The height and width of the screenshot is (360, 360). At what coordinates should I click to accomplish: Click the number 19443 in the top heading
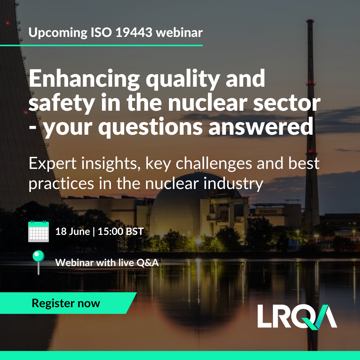coord(134,32)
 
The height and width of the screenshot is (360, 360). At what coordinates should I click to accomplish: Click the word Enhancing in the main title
coord(84,80)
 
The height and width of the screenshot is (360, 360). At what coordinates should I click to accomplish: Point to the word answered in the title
coord(261,127)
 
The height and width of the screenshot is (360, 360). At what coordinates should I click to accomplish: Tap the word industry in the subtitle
coord(233,184)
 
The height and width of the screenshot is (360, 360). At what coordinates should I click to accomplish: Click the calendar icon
coord(38,231)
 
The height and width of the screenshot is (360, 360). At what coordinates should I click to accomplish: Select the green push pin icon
coord(38,262)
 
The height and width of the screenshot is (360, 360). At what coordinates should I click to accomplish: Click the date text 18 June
coord(73,232)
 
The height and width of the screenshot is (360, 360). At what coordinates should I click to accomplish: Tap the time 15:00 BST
coord(121,232)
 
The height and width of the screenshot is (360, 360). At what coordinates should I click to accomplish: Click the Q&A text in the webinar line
coord(148,263)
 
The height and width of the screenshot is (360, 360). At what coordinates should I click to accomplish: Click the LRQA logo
coord(297,317)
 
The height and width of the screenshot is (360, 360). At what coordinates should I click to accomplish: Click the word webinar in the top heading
coord(179,32)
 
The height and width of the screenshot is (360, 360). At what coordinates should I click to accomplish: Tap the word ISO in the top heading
coord(101,32)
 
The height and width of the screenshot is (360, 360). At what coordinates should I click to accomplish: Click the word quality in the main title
coord(183,80)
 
